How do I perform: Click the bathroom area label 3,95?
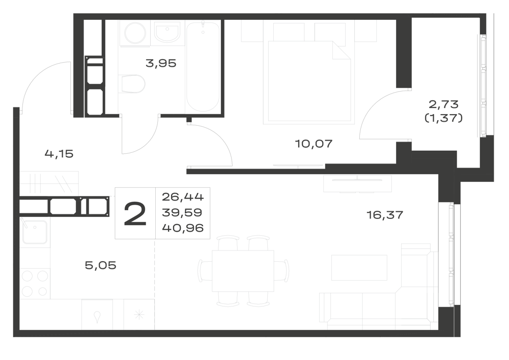[161, 63]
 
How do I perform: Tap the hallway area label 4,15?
[59, 154]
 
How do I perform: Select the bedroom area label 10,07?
[314, 144]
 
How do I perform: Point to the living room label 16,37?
[385, 214]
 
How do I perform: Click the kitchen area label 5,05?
[100, 265]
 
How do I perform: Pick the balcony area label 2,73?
[443, 104]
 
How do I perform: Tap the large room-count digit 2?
[135, 213]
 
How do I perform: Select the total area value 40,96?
[183, 228]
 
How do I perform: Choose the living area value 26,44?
[183, 197]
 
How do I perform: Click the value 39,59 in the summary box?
[182, 212]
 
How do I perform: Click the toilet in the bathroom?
[132, 84]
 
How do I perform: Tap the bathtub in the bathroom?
[203, 67]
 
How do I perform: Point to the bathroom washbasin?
[167, 33]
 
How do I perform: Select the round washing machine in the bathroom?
[135, 33]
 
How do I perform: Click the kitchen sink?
[35, 232]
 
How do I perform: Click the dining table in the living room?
[243, 271]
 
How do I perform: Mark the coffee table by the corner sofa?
[359, 267]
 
